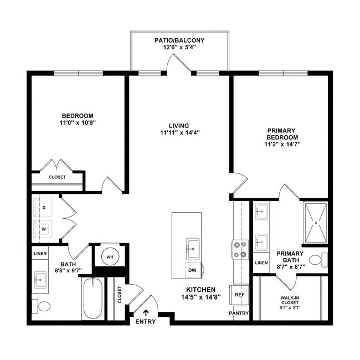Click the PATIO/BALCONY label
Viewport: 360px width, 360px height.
pyautogui.click(x=179, y=40)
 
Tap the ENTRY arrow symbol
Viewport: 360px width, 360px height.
pyautogui.click(x=146, y=313)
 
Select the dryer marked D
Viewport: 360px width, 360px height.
pyautogui.click(x=44, y=208)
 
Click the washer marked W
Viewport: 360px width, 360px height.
pyautogui.click(x=44, y=228)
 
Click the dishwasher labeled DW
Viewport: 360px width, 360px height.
pyautogui.click(x=193, y=270)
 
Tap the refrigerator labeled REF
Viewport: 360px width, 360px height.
pyautogui.click(x=239, y=295)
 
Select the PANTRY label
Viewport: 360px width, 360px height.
pyautogui.click(x=239, y=313)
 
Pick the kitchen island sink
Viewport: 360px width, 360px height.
pyautogui.click(x=193, y=247)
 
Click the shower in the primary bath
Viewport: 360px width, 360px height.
pyautogui.click(x=316, y=222)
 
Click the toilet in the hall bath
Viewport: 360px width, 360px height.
pyautogui.click(x=42, y=305)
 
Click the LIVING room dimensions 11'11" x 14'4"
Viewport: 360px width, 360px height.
pyautogui.click(x=179, y=132)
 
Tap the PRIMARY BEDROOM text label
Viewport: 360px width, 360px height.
pyautogui.click(x=282, y=134)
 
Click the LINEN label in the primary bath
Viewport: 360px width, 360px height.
pyautogui.click(x=261, y=263)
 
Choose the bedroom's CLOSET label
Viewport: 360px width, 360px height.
pyautogui.click(x=57, y=177)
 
